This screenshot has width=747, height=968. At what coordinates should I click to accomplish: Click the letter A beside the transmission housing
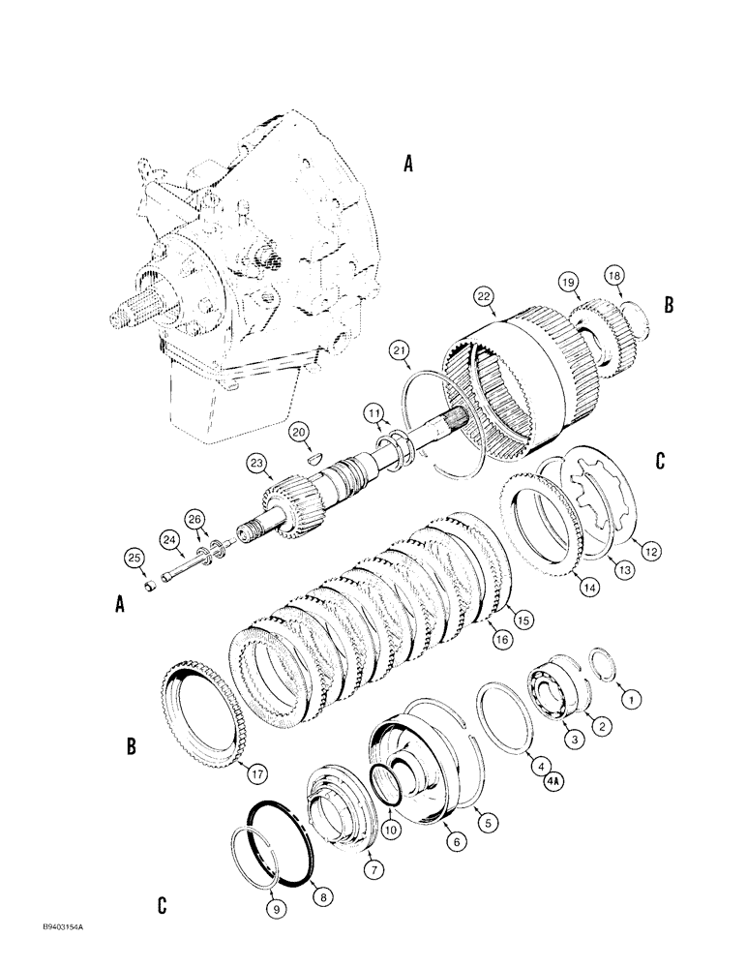(407, 166)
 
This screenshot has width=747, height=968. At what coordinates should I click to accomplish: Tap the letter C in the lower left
(160, 905)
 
